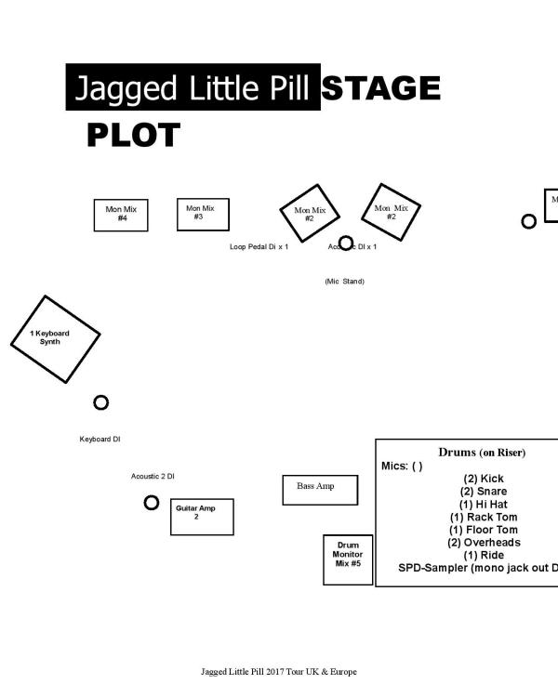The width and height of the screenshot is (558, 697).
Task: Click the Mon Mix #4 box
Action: click(121, 215)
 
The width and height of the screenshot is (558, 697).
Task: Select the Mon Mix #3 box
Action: click(203, 214)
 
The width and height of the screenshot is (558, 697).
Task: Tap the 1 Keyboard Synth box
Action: click(55, 338)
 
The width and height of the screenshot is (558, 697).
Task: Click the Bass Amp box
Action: click(320, 490)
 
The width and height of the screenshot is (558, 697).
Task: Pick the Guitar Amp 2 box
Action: click(202, 517)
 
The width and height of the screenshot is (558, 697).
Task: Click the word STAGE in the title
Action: click(380, 88)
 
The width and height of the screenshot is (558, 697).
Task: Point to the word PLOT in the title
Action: click(133, 136)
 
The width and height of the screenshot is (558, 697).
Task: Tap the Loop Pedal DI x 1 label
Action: click(259, 247)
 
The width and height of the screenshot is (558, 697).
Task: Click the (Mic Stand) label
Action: click(344, 282)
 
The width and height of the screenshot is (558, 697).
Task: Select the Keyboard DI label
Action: click(100, 440)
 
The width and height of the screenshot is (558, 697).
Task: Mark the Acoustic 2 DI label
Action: click(153, 477)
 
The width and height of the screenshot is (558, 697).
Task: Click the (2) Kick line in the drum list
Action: click(484, 479)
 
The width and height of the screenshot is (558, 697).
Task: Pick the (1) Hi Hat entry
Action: click(484, 505)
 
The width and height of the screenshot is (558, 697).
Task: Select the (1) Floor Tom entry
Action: click(484, 530)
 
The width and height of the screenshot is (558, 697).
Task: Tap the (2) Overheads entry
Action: click(484, 543)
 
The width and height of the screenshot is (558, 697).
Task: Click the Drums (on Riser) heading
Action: click(481, 453)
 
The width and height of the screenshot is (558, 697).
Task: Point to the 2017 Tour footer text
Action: click(278, 672)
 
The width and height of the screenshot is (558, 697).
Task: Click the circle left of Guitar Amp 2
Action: click(152, 503)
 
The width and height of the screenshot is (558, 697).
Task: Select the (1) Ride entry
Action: click(484, 556)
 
